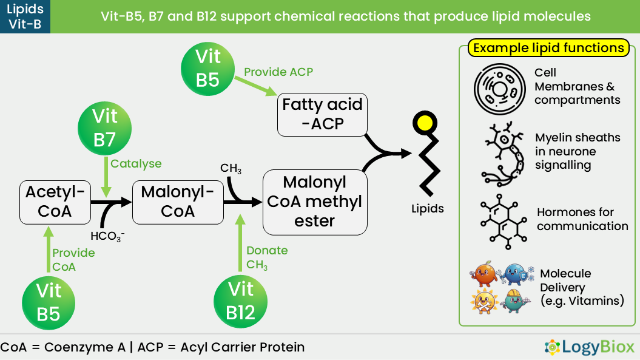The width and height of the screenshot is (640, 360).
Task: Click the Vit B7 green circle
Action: click(x=104, y=128)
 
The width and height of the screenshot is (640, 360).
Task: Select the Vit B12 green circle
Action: click(x=240, y=302)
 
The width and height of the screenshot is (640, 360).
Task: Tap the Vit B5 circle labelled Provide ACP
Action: click(x=207, y=69)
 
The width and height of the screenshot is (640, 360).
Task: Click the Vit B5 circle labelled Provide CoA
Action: click(x=49, y=303)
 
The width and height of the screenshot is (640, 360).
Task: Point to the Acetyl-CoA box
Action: click(x=55, y=202)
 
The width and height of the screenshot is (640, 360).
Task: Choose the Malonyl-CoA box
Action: click(x=178, y=202)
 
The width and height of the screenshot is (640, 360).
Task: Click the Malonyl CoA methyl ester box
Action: click(x=315, y=202)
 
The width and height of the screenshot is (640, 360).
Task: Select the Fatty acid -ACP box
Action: click(x=323, y=115)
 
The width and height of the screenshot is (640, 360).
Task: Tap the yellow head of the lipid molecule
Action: click(x=425, y=123)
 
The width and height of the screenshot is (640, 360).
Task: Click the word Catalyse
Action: click(x=136, y=163)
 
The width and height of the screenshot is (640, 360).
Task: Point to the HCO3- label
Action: click(x=107, y=236)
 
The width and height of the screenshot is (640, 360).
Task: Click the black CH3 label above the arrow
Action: click(x=231, y=168)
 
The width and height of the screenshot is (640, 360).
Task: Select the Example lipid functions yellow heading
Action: click(x=548, y=48)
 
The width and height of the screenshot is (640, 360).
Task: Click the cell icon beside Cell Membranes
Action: click(x=500, y=89)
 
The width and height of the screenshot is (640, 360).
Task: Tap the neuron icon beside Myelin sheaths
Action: click(x=503, y=153)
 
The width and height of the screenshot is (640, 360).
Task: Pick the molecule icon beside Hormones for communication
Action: click(x=504, y=222)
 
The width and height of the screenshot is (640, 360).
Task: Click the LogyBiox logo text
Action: click(x=598, y=347)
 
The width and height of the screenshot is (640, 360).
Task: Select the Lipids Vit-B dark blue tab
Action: click(x=25, y=17)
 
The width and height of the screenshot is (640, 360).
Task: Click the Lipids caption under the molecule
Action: click(x=427, y=208)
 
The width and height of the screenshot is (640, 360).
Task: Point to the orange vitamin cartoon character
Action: click(x=485, y=274)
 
